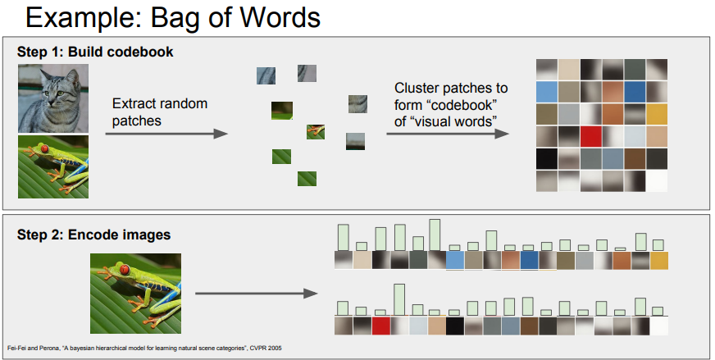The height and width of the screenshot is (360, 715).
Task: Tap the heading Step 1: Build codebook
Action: pos(95,52)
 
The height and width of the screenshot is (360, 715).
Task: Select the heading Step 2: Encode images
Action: pos(94,235)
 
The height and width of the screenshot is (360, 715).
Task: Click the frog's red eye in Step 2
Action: pos(123,268)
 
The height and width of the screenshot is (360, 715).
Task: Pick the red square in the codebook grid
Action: pos(590,136)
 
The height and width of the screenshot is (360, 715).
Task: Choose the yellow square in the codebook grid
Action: pos(657,114)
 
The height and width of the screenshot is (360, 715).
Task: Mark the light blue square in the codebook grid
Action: pos(547,92)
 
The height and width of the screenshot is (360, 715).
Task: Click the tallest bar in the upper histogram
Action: pos(435,235)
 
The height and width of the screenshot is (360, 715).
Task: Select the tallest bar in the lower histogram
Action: pos(399,299)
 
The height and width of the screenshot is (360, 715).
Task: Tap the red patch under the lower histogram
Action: pos(380,326)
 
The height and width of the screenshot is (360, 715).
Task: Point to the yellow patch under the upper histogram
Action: pos(659,261)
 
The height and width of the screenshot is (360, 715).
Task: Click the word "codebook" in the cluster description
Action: pos(454,106)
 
